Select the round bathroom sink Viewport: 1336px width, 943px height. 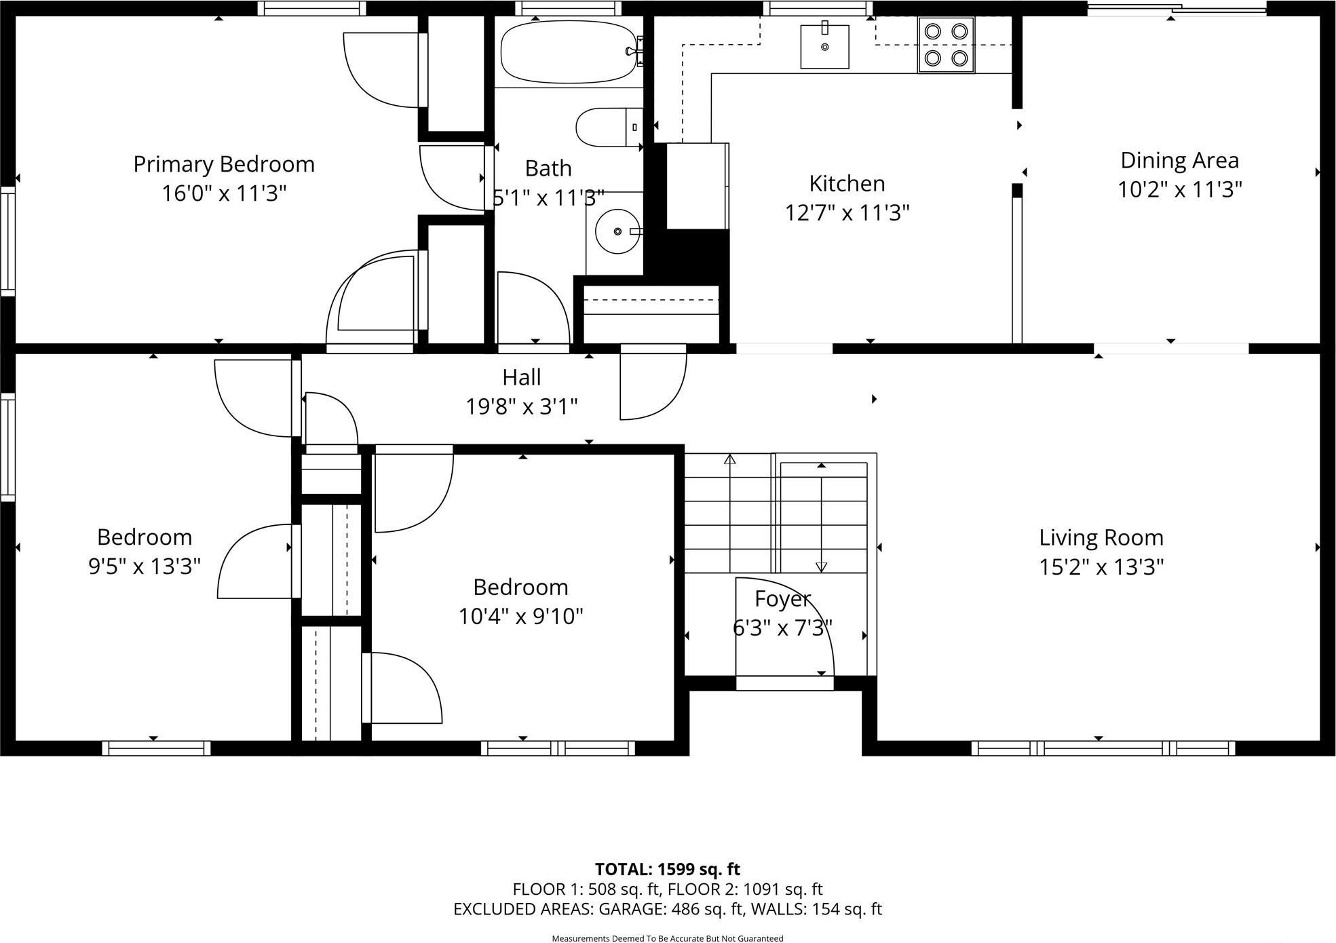pyautogui.click(x=617, y=231)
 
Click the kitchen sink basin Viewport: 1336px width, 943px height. pyautogui.click(x=824, y=47)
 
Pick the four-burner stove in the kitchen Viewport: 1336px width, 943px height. pyautogui.click(x=946, y=45)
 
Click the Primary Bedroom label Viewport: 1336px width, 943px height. pyautogui.click(x=224, y=164)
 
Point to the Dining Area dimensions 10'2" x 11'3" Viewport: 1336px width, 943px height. pyautogui.click(x=1179, y=189)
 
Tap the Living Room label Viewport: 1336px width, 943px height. pyautogui.click(x=1101, y=537)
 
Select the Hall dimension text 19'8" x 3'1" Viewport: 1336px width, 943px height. pyautogui.click(x=521, y=406)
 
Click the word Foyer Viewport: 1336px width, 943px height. pyautogui.click(x=782, y=599)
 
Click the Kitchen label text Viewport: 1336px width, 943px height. pyautogui.click(x=847, y=184)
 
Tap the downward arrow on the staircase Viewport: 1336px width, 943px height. pyautogui.click(x=821, y=566)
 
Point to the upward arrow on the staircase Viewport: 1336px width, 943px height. pyautogui.click(x=729, y=460)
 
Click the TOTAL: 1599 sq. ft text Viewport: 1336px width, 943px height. pyautogui.click(x=667, y=869)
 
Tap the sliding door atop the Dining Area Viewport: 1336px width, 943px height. pyautogui.click(x=1177, y=9)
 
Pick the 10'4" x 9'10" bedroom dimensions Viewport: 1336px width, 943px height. pyautogui.click(x=520, y=617)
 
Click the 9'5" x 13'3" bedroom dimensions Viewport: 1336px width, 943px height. pyautogui.click(x=145, y=566)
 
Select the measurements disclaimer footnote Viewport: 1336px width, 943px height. pyautogui.click(x=667, y=938)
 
